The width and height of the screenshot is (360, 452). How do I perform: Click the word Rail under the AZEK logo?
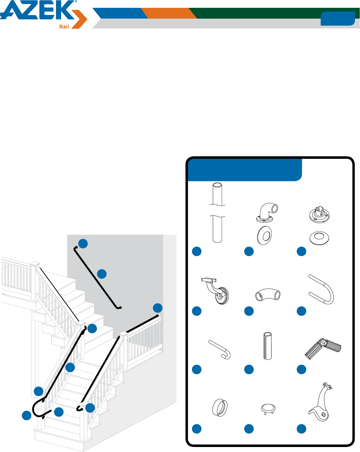coord(64,27)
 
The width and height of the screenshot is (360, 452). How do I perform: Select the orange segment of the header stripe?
coord(169,13)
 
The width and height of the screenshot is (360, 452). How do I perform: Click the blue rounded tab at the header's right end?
coord(337,18)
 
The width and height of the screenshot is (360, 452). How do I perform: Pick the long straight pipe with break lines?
coord(217,212)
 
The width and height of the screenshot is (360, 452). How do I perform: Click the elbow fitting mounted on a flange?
coord(267,212)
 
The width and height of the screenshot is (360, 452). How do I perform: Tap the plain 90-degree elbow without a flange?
coord(268,294)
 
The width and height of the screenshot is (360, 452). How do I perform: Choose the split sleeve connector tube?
coord(267,346)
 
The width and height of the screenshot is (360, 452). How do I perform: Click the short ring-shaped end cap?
coord(220,408)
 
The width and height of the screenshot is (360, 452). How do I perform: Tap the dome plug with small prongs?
coord(268,409)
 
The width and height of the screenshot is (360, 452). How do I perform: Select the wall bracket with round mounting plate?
coord(215,291)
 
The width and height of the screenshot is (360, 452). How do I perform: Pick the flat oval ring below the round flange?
coord(319,238)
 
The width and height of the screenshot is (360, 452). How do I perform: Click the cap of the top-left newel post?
coord(35,264)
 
